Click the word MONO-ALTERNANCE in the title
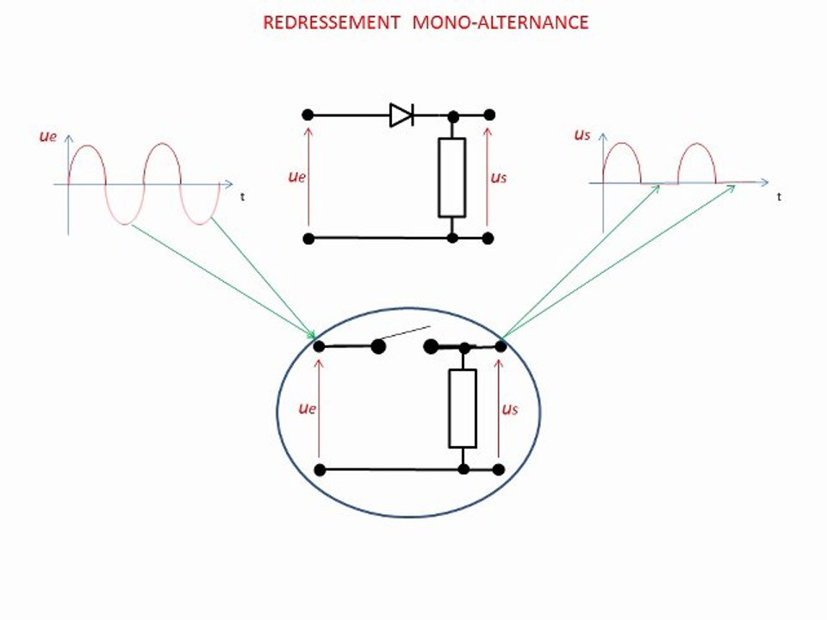[501, 22]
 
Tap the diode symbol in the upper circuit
[401, 115]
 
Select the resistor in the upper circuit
[451, 177]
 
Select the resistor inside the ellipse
[463, 408]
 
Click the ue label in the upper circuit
[297, 177]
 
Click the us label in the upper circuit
[498, 177]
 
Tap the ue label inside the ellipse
[308, 407]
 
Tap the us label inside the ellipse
[510, 408]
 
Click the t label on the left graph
[242, 196]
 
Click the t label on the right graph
[779, 196]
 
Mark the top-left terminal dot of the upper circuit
[307, 115]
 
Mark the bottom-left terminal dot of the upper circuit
[307, 238]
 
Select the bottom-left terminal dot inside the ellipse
[320, 469]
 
